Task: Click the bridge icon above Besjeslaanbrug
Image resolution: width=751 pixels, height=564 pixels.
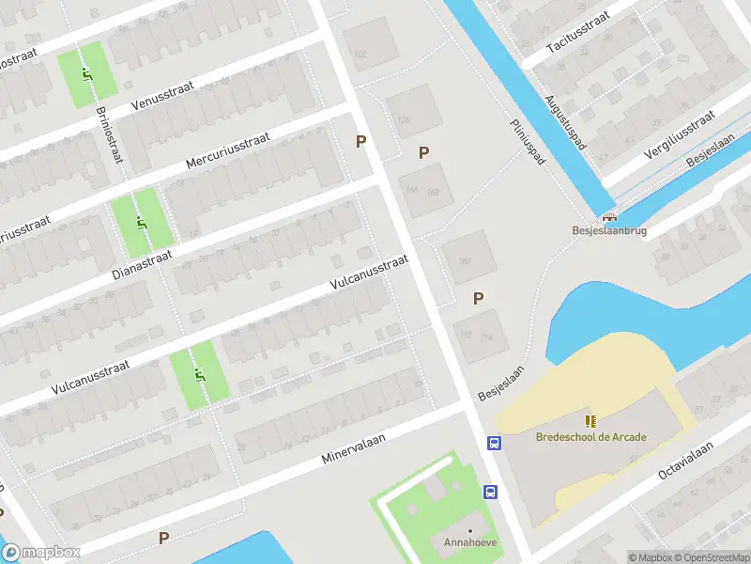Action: [x=610, y=215]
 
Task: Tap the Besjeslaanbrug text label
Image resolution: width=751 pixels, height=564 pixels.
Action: [x=610, y=229]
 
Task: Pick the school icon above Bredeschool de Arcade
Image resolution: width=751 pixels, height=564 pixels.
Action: [x=590, y=421]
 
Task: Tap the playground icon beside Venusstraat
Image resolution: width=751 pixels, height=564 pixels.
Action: [x=87, y=75]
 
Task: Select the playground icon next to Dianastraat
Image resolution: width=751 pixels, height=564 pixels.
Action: [x=141, y=223]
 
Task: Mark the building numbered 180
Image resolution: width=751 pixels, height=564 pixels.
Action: [x=464, y=261]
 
